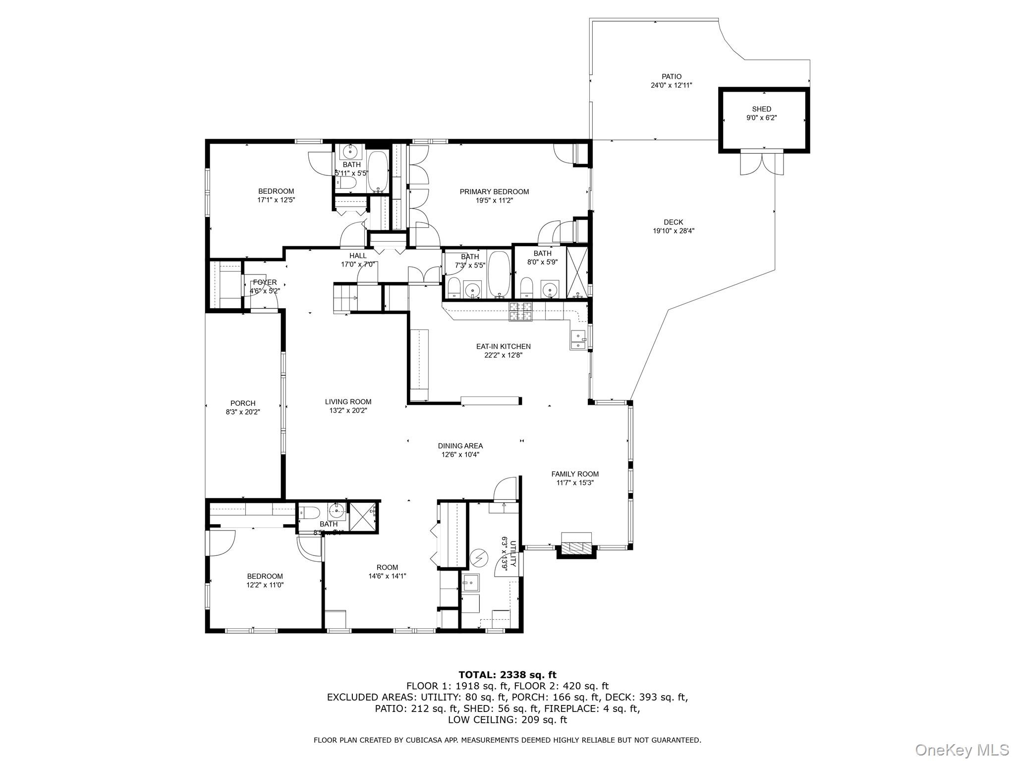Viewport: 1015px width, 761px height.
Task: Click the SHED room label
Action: tap(761, 109)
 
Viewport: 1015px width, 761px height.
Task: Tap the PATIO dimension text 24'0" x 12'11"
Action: tap(672, 85)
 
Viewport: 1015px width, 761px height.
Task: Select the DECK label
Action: tap(673, 222)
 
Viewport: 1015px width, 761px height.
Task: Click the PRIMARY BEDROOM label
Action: tap(494, 192)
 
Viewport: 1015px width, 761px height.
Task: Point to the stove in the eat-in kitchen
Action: tap(520, 312)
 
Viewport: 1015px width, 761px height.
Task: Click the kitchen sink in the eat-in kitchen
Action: tap(578, 339)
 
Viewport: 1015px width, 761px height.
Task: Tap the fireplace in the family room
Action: tap(576, 547)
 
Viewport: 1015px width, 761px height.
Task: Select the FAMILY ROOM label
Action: tap(575, 474)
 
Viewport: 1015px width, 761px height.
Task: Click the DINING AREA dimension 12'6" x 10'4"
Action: tap(460, 454)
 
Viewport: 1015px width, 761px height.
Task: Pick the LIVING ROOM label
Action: tap(348, 402)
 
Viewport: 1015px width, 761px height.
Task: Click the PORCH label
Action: tap(243, 403)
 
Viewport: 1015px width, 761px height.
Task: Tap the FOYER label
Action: tap(265, 282)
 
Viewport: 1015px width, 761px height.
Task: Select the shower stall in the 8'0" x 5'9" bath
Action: tap(577, 271)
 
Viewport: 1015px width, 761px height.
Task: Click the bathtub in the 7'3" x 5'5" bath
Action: tap(499, 274)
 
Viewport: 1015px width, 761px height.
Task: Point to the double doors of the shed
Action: tap(762, 163)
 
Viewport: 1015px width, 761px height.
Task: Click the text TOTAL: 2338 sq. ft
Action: tap(507, 675)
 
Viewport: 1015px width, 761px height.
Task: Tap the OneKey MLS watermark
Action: tap(961, 749)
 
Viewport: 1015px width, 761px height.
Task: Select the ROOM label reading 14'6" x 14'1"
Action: tap(387, 567)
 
